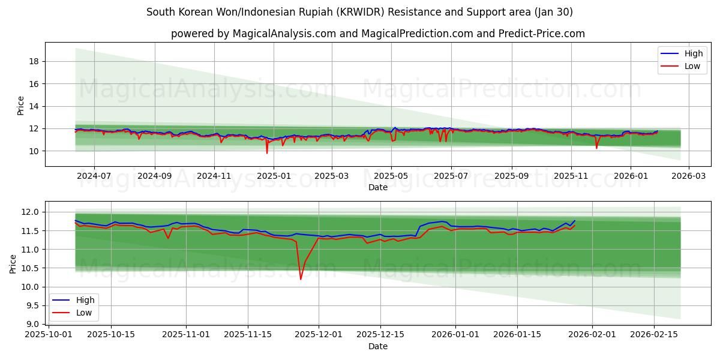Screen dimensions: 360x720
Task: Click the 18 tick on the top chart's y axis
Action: pos(34,61)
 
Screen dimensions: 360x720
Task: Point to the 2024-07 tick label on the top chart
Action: pos(94,177)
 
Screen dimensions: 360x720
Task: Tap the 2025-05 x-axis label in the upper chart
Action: pos(391,177)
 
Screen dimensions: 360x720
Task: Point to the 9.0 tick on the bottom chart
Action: pos(32,324)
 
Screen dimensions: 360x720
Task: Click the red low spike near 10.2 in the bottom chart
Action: pos(301,278)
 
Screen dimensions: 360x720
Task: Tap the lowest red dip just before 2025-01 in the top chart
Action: pos(267,152)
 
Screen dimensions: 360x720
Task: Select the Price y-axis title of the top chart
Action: pos(21,106)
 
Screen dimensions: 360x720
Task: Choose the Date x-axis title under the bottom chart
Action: pos(378,346)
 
